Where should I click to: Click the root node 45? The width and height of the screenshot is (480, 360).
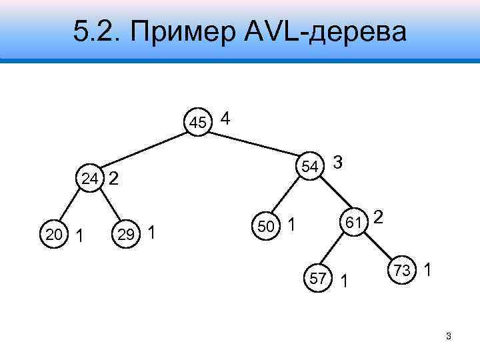pyautogui.click(x=198, y=122)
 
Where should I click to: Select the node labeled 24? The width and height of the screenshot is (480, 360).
pyautogui.click(x=90, y=178)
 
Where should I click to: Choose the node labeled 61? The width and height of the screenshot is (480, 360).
pyautogui.click(x=353, y=220)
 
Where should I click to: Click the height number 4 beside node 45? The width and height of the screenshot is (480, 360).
pyautogui.click(x=225, y=119)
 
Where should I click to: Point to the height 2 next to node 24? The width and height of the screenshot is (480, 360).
pyautogui.click(x=114, y=178)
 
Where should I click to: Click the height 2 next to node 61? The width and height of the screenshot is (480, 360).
pyautogui.click(x=378, y=217)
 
